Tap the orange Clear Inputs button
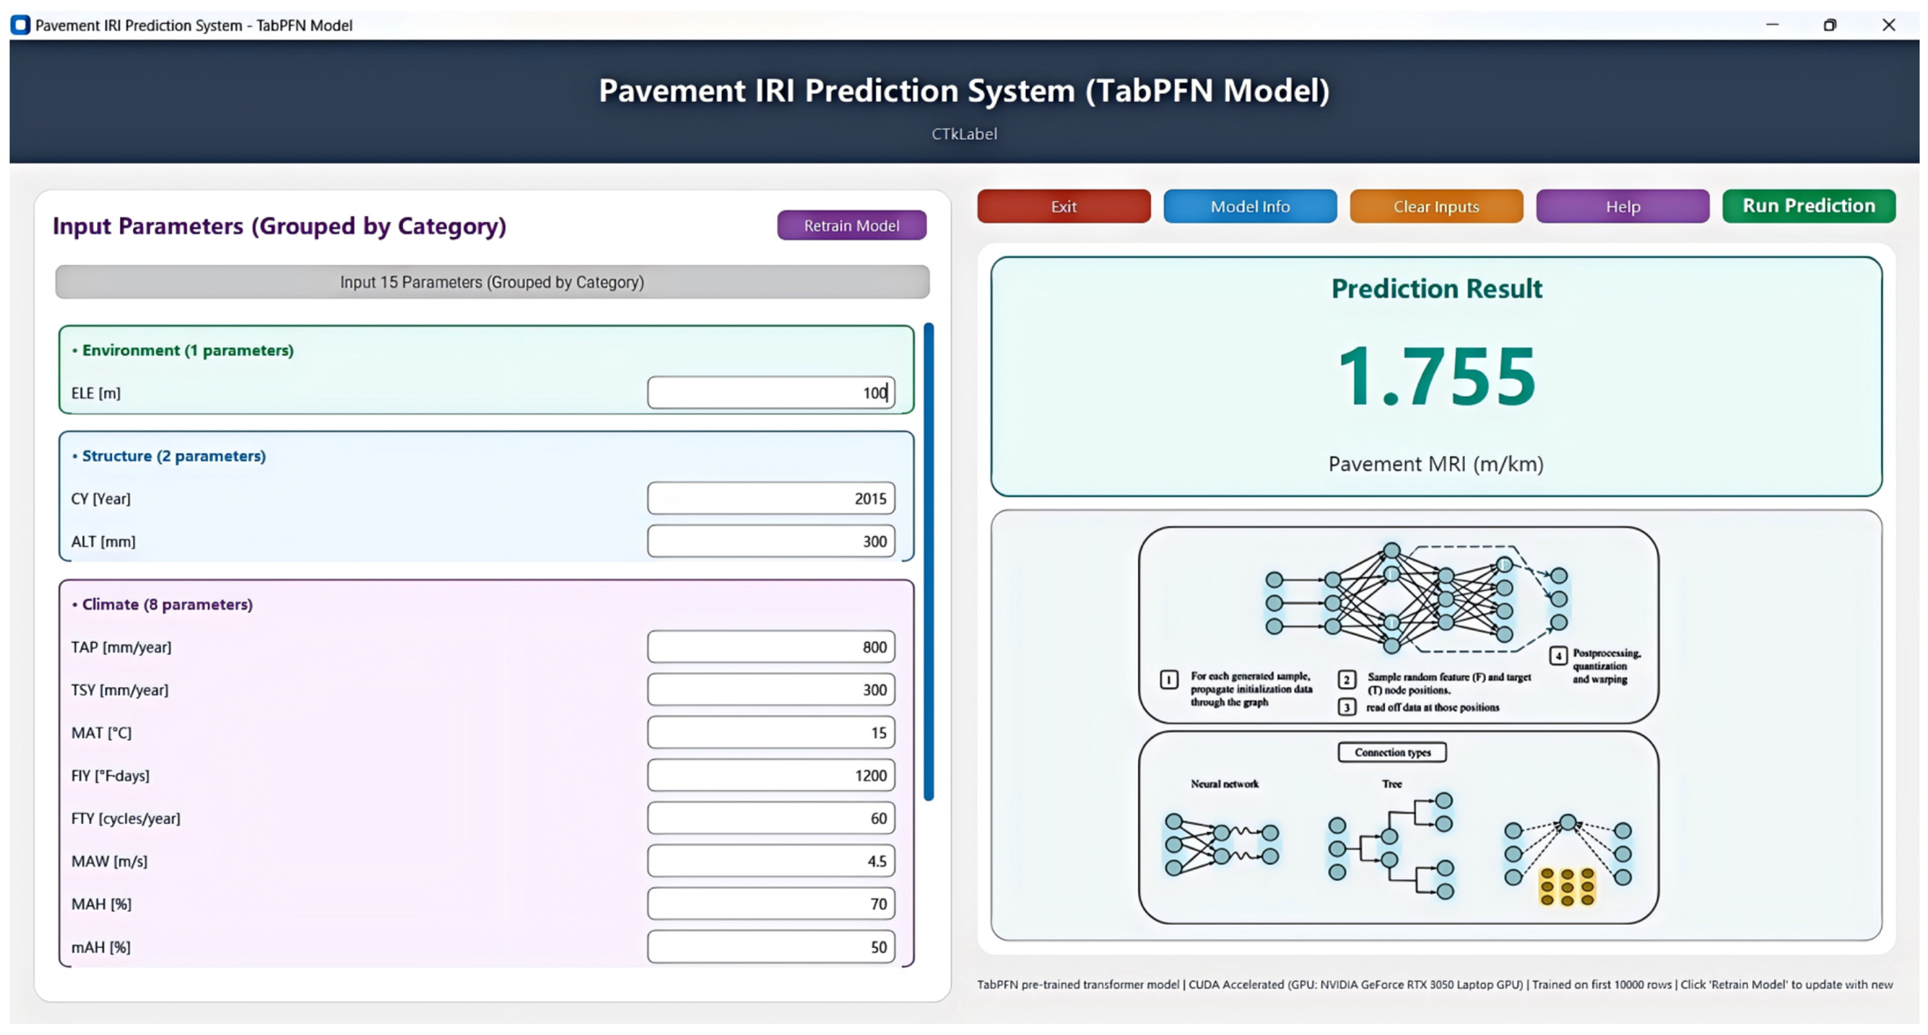click(1436, 207)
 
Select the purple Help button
click(1622, 207)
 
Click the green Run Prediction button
click(1808, 206)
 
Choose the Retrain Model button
click(851, 225)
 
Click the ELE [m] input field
click(770, 393)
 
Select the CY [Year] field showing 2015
click(770, 498)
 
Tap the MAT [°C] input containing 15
click(770, 733)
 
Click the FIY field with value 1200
click(770, 775)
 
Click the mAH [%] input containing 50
click(770, 947)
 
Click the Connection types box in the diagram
click(1391, 752)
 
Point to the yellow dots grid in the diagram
click(1566, 887)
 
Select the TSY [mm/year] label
click(120, 690)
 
